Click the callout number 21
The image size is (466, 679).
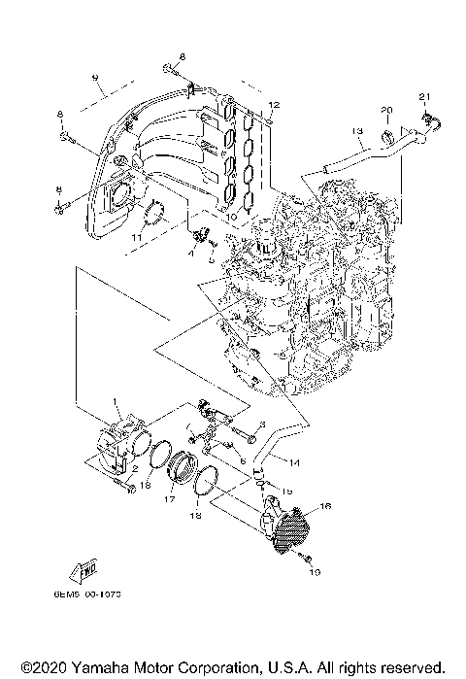[x=423, y=95]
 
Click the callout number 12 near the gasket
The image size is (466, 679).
[x=274, y=104]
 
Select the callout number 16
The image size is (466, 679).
[x=325, y=507]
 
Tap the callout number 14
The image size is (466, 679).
[x=295, y=464]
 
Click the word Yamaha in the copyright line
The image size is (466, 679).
[x=101, y=668]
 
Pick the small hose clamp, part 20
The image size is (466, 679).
[x=385, y=128]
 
